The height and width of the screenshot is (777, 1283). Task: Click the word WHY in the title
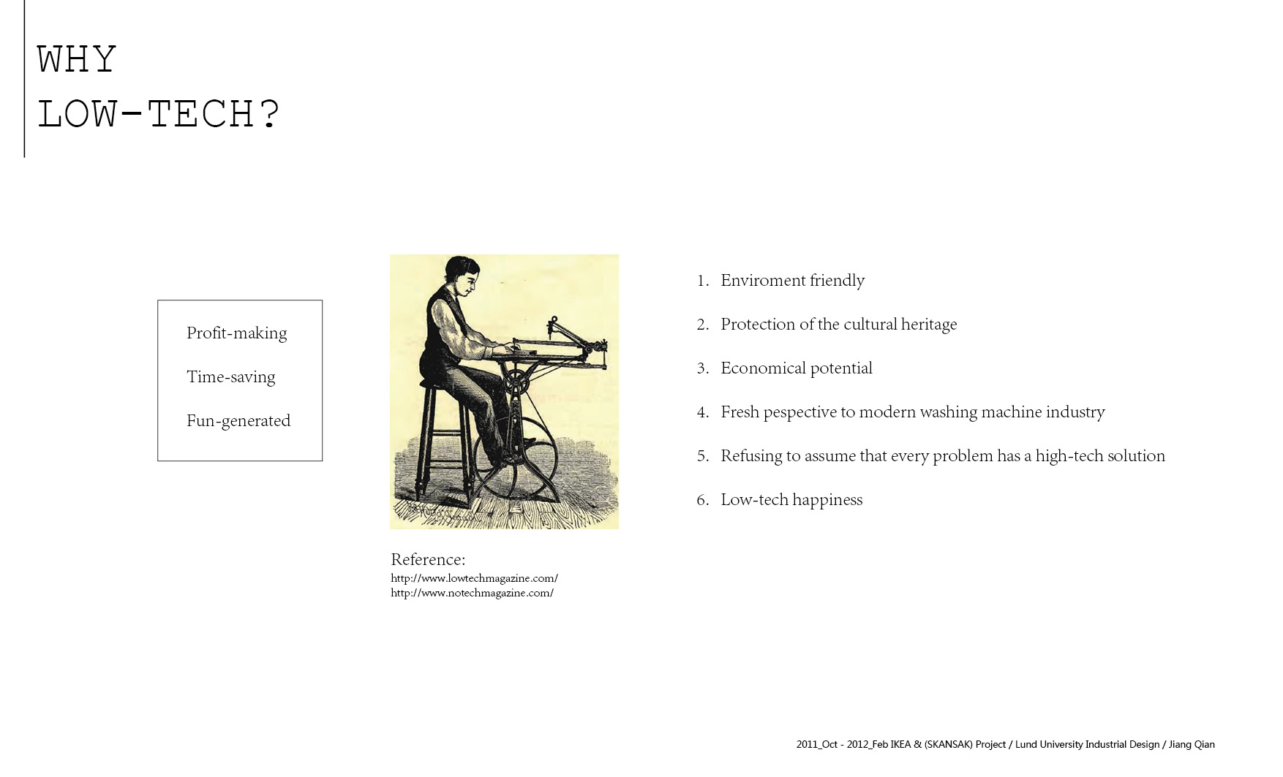77,59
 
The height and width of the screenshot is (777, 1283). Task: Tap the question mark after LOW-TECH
269,114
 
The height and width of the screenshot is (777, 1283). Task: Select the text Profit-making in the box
236,333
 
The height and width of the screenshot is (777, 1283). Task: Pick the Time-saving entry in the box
230,377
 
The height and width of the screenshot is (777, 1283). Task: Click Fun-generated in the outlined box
238,421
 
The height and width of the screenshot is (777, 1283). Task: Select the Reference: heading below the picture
428,559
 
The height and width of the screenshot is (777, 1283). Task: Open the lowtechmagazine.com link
474,578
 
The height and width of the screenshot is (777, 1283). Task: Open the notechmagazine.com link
472,593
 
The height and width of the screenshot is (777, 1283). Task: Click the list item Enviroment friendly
793,281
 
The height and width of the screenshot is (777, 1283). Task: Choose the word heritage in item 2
929,325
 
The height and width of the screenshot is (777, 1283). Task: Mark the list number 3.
702,368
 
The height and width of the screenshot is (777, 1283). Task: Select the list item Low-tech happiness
791,500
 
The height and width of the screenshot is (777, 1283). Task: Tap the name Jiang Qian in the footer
1192,744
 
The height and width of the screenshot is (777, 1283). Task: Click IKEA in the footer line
900,744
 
